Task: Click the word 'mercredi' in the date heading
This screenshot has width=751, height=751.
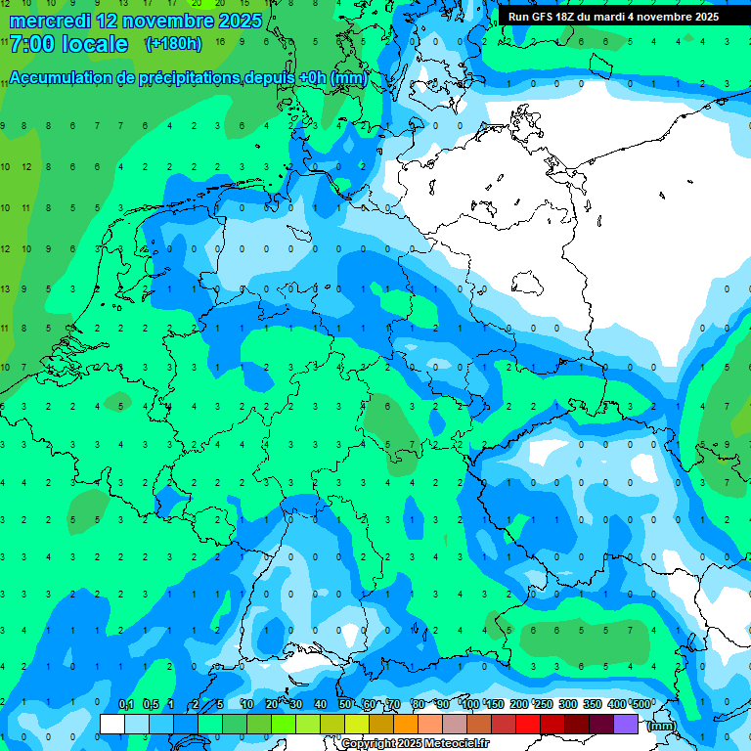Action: click(49, 21)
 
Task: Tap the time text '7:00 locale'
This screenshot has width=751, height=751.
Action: click(68, 44)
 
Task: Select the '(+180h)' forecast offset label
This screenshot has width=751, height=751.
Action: click(173, 44)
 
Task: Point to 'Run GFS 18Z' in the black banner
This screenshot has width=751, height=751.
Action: click(545, 17)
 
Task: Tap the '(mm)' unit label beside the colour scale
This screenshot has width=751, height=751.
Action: click(662, 725)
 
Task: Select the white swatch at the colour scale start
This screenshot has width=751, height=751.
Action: click(112, 724)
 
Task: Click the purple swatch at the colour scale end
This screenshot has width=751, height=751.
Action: click(626, 724)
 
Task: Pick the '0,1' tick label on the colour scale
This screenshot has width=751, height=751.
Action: click(126, 705)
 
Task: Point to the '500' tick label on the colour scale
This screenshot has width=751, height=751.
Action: click(641, 705)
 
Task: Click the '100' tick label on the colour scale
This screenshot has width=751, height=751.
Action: click(469, 705)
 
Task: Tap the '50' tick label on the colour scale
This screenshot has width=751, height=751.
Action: click(345, 705)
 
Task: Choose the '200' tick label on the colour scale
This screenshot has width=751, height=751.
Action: click(518, 705)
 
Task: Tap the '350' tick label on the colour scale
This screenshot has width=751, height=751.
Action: click(593, 705)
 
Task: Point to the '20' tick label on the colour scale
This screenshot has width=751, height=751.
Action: click(272, 705)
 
